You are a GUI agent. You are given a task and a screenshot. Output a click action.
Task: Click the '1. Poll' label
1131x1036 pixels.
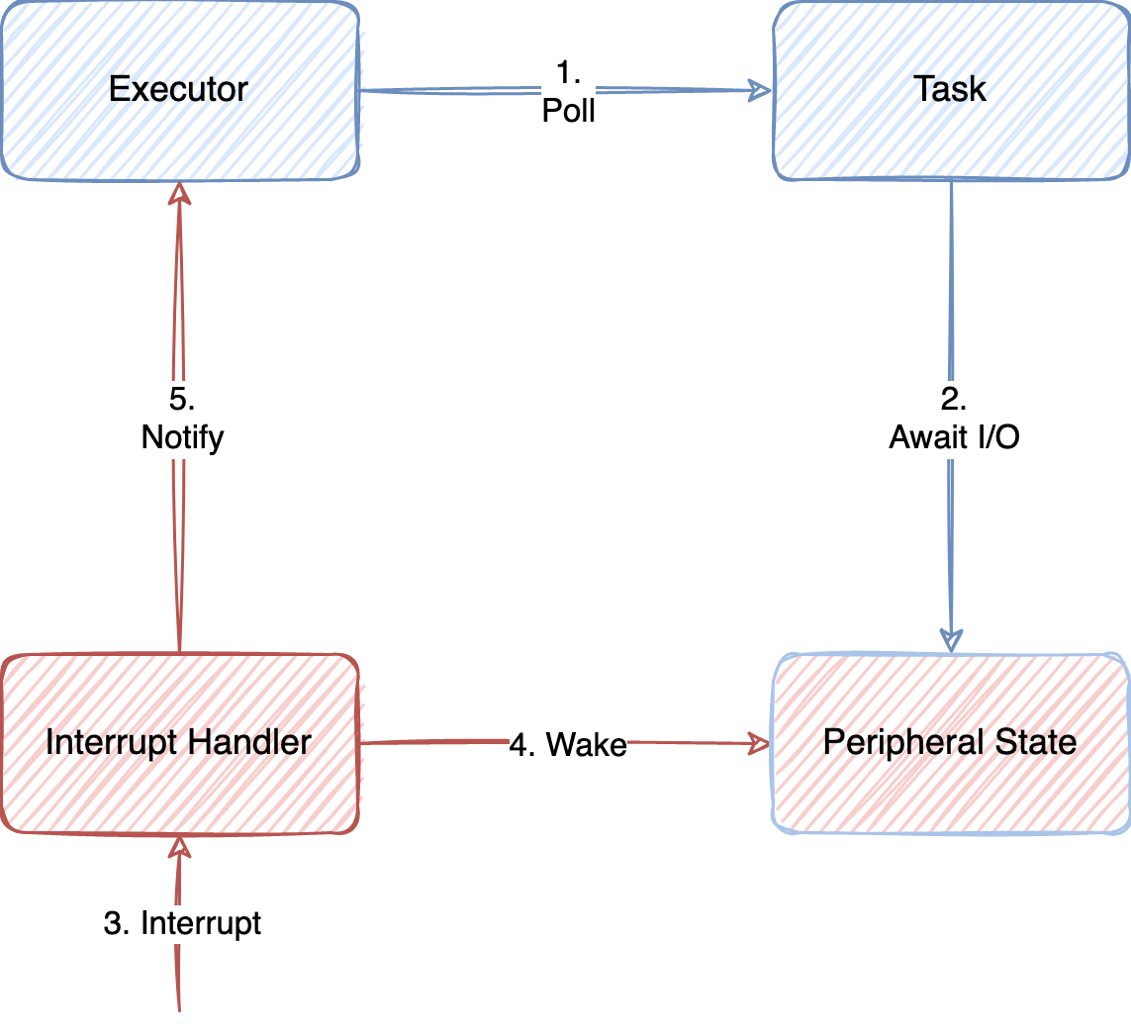tap(569, 92)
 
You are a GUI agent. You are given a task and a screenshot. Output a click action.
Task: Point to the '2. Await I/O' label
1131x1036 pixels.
tap(954, 421)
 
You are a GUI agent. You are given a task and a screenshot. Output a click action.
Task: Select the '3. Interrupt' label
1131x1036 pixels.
tap(183, 923)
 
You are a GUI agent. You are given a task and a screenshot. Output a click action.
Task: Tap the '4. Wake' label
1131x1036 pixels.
tap(568, 744)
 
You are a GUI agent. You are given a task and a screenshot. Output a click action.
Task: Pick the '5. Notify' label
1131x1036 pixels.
tap(182, 420)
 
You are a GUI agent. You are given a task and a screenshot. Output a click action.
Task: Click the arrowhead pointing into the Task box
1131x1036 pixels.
tap(761, 90)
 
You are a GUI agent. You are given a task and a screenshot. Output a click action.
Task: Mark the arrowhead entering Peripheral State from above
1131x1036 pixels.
tap(951, 640)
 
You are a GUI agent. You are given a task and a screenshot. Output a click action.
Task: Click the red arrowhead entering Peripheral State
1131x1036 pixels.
tap(759, 743)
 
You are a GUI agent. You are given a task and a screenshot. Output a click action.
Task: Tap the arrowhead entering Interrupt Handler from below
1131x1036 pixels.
tap(179, 846)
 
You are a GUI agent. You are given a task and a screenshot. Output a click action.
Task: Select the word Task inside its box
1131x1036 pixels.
tap(950, 90)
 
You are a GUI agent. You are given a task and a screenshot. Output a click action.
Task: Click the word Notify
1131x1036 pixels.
tap(182, 437)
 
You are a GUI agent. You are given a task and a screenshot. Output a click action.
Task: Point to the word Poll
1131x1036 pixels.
tap(569, 111)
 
